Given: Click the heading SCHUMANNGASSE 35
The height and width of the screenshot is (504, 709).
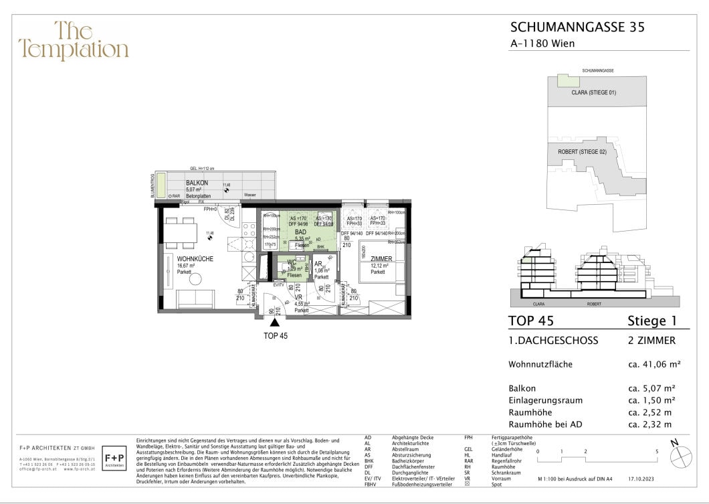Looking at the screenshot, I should (578, 27).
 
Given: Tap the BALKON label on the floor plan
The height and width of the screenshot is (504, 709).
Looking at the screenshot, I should (197, 182).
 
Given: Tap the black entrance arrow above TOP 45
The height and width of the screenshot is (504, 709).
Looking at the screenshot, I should (275, 323).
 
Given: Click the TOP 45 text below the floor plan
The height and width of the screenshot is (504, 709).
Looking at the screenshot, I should (275, 336).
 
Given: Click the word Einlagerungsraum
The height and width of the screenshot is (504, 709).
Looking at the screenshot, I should (545, 400).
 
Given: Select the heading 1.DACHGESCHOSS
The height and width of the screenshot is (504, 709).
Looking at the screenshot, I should (553, 341).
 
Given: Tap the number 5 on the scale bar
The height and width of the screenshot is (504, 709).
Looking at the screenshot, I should (657, 452).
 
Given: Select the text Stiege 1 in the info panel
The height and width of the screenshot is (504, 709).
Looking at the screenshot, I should (653, 321).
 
